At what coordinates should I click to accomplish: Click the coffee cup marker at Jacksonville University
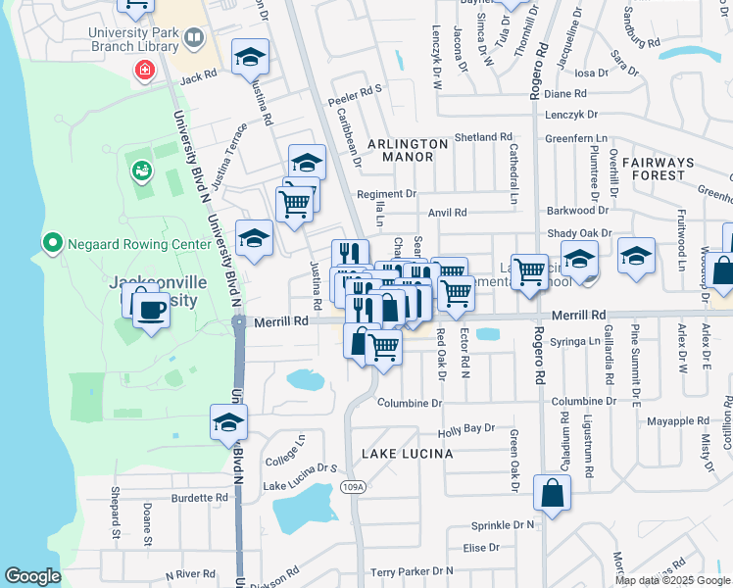[150, 311]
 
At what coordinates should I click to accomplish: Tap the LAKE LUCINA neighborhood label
[407, 454]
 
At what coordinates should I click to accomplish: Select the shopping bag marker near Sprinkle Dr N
[552, 494]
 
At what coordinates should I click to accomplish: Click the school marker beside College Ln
[228, 422]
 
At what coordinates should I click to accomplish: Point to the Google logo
[32, 576]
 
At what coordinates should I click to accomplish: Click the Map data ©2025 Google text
[672, 580]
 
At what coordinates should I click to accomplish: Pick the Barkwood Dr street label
[578, 210]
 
